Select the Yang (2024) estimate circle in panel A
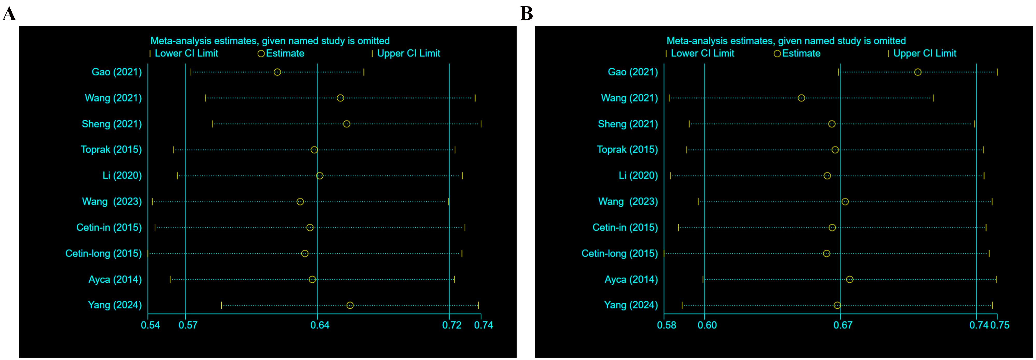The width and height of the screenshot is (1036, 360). [350, 305]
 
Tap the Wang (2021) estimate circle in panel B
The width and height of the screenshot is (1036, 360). [801, 98]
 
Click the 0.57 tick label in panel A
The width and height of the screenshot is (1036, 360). [188, 325]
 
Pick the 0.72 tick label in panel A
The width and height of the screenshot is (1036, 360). [452, 325]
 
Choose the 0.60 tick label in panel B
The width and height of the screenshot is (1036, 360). [707, 325]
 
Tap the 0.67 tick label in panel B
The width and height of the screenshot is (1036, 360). [843, 325]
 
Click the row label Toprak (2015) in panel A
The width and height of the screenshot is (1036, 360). [111, 150]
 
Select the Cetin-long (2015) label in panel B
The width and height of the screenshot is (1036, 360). [619, 253]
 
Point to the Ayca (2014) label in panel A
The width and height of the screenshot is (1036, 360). [115, 279]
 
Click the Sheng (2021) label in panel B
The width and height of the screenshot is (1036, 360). [628, 124]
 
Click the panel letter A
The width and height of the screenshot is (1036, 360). [9, 14]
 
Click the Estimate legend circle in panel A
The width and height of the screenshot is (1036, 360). [261, 54]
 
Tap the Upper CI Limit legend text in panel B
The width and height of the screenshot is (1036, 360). [925, 54]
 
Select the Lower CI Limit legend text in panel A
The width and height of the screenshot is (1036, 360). [186, 54]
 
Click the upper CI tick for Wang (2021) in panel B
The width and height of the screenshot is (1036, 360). [933, 98]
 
